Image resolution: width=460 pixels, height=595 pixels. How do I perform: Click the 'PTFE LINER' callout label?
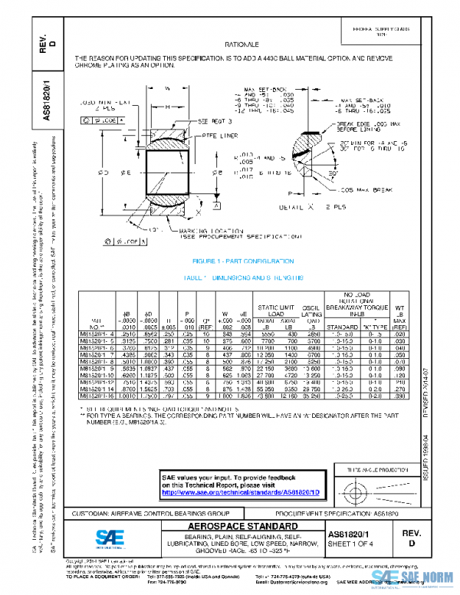click(x=218, y=134)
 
